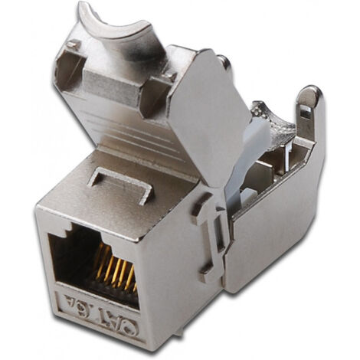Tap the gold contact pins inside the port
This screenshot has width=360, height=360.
click(113, 271)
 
